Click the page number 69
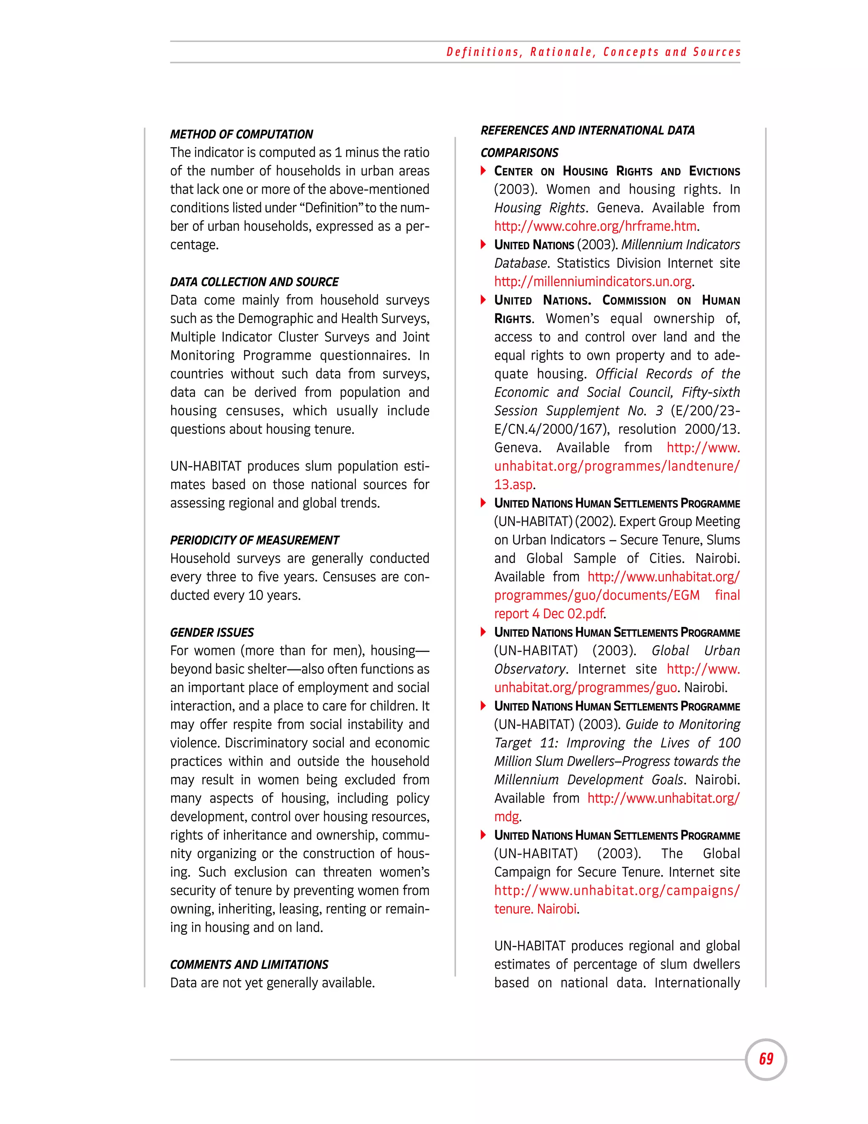point(766,1059)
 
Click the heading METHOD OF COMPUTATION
point(241,134)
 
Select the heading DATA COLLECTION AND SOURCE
point(254,282)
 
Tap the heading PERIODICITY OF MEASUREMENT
point(255,540)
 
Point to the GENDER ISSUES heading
point(212,632)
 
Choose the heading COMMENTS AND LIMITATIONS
point(249,965)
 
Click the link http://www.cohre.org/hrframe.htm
point(595,226)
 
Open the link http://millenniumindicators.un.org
point(593,282)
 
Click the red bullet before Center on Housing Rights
point(483,171)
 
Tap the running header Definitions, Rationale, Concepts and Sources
point(593,52)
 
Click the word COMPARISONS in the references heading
point(519,153)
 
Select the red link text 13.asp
point(513,485)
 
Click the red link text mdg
point(506,817)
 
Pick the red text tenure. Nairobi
point(535,909)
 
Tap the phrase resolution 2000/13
point(679,429)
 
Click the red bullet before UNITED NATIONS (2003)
point(483,244)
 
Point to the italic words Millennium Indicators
point(680,245)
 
